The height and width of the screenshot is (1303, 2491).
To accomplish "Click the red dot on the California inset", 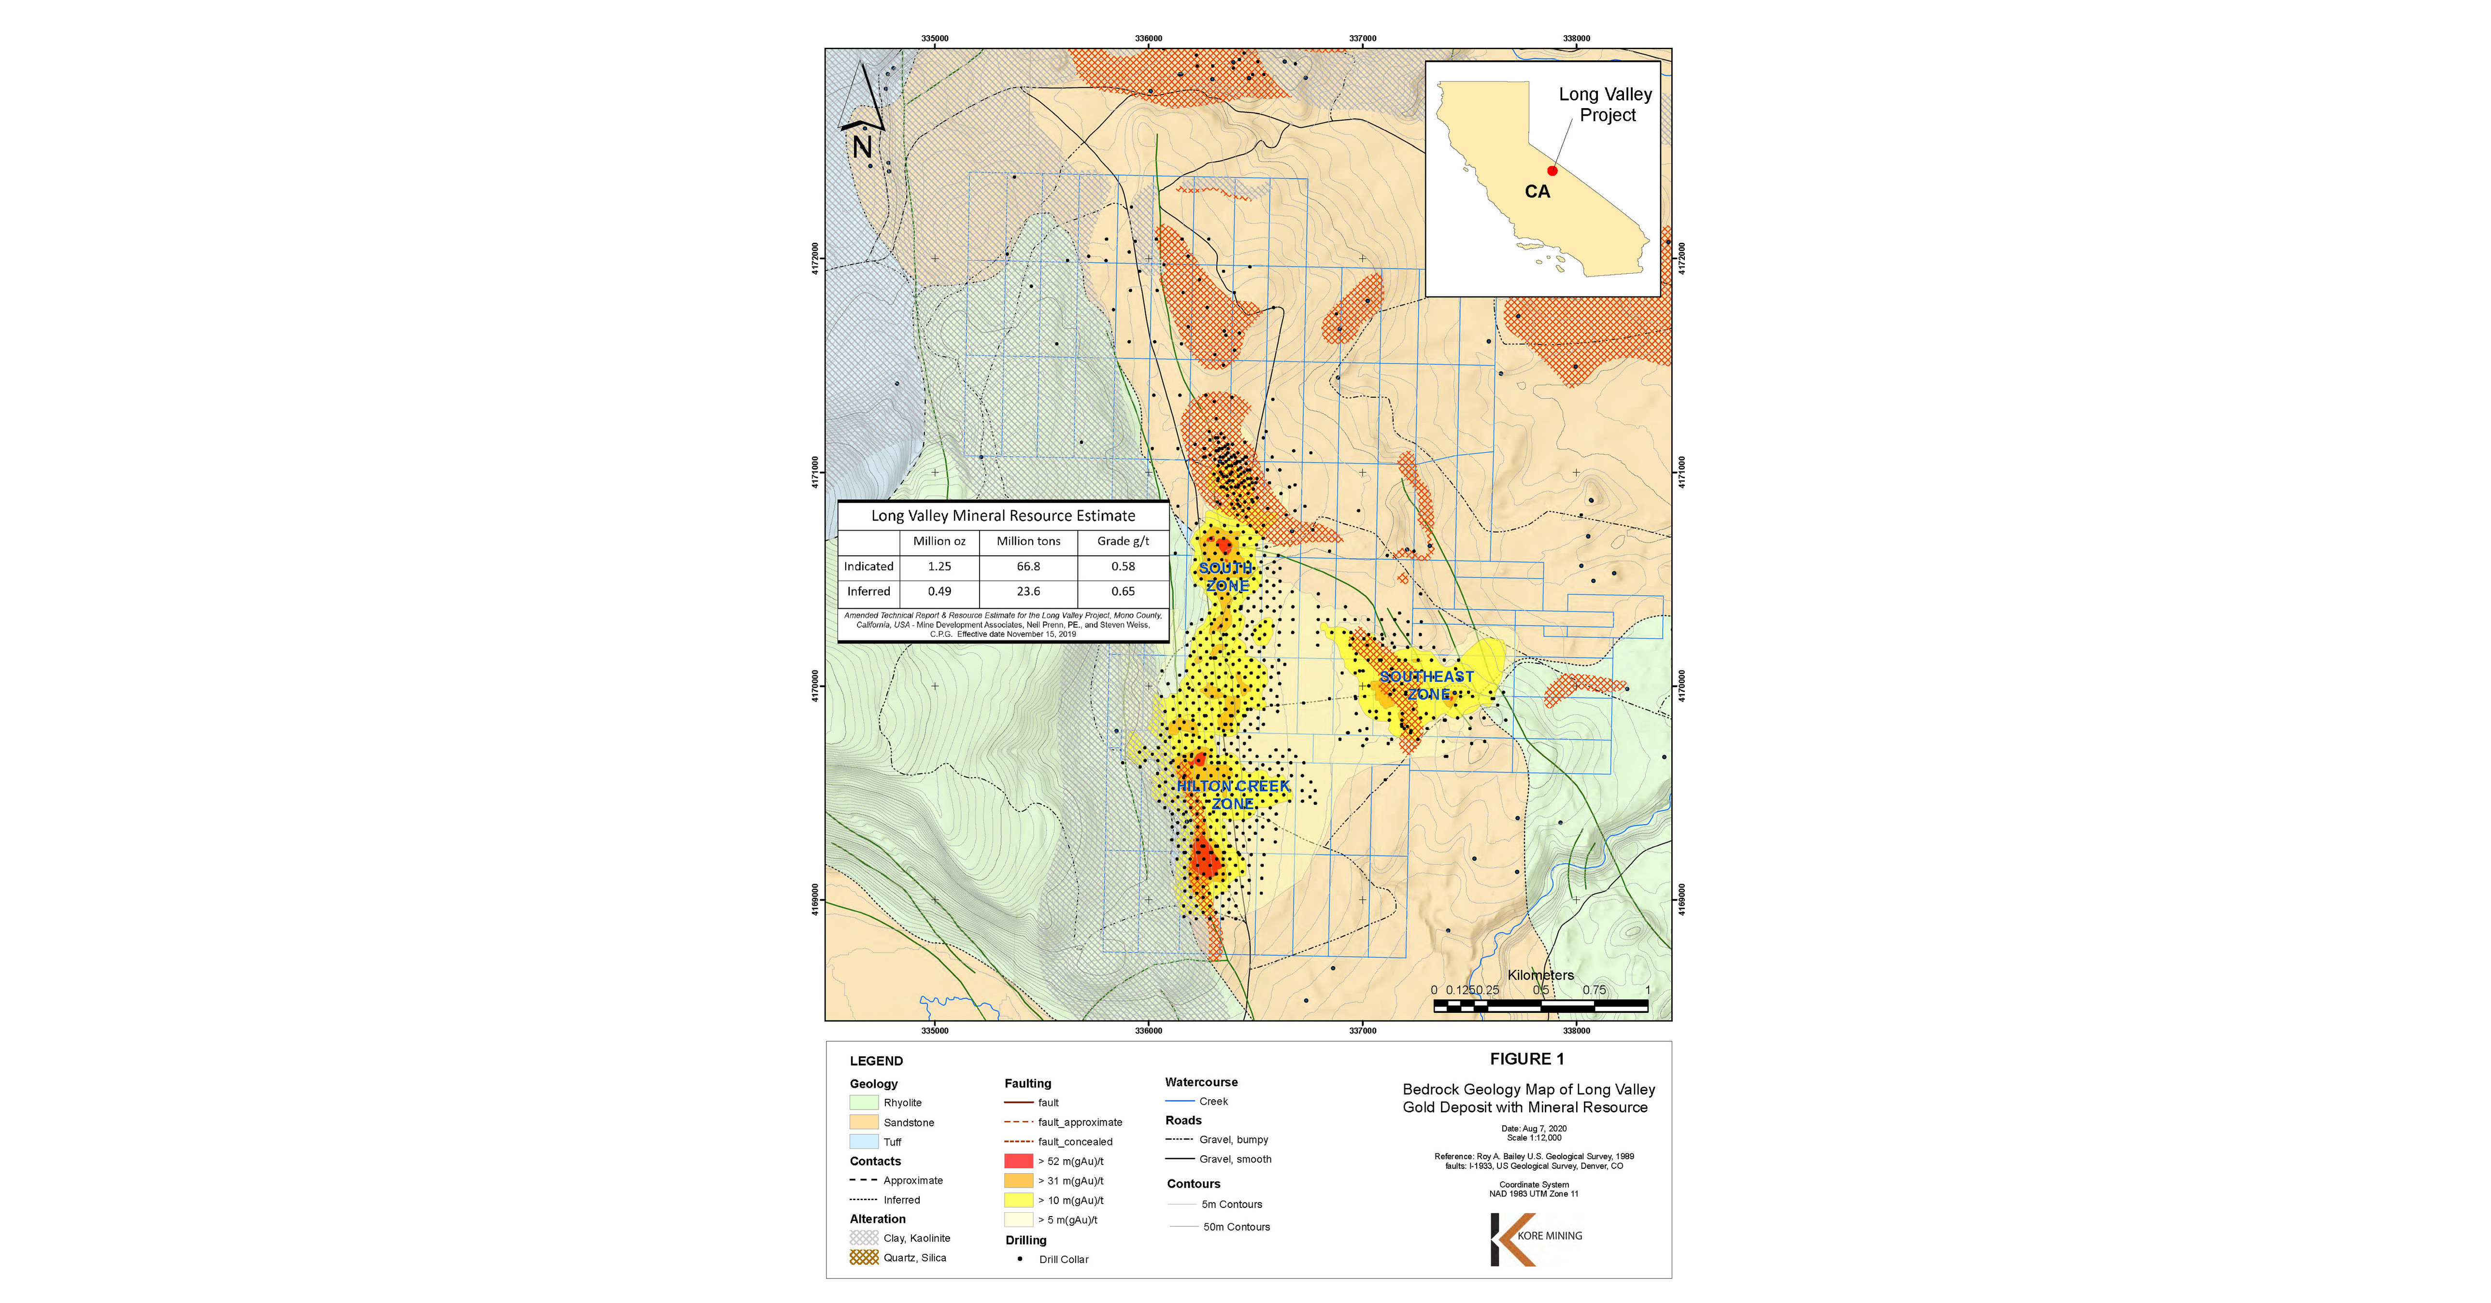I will [x=1552, y=170].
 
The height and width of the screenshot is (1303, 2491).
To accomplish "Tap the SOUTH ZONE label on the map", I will [x=1226, y=576].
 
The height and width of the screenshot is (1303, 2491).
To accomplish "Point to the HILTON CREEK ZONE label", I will [x=1233, y=795].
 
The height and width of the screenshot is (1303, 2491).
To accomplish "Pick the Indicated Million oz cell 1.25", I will [x=939, y=566].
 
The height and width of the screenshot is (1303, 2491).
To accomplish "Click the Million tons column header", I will [x=1028, y=541].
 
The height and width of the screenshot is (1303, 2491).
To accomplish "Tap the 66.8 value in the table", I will [x=1028, y=566].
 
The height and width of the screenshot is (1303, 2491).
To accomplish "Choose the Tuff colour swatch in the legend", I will [x=864, y=1142].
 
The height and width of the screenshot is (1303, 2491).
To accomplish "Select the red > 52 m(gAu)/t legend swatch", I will [x=1018, y=1161].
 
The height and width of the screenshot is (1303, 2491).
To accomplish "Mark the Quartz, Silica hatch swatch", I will [x=864, y=1258].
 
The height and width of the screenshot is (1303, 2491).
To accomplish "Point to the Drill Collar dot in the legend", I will [x=1019, y=1259].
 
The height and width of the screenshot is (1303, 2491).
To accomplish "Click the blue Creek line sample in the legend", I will [x=1180, y=1101].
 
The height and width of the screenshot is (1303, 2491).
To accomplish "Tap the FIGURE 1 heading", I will [x=1526, y=1059].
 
